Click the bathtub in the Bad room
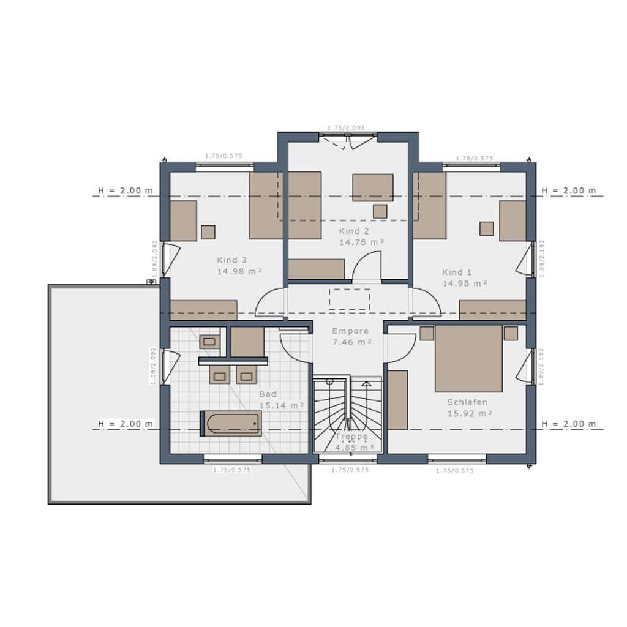pos(231,424)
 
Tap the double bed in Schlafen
pos(468,359)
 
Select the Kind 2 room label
pos(354,231)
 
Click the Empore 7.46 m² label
pos(351,336)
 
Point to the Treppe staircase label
pos(351,437)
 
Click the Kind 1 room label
pos(457,272)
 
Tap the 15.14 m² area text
pos(282,405)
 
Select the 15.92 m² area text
pos(469,413)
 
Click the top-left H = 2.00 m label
pos(124,190)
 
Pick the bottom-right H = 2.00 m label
pos(569,424)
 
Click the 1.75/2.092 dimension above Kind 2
pos(345,127)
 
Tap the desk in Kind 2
pos(372,187)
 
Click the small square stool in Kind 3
pos(208,232)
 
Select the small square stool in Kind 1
pos(486,228)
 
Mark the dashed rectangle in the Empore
pos(349,299)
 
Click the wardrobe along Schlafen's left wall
pos(397,400)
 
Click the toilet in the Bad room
pos(209,342)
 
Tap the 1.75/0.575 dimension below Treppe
pos(350,470)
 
